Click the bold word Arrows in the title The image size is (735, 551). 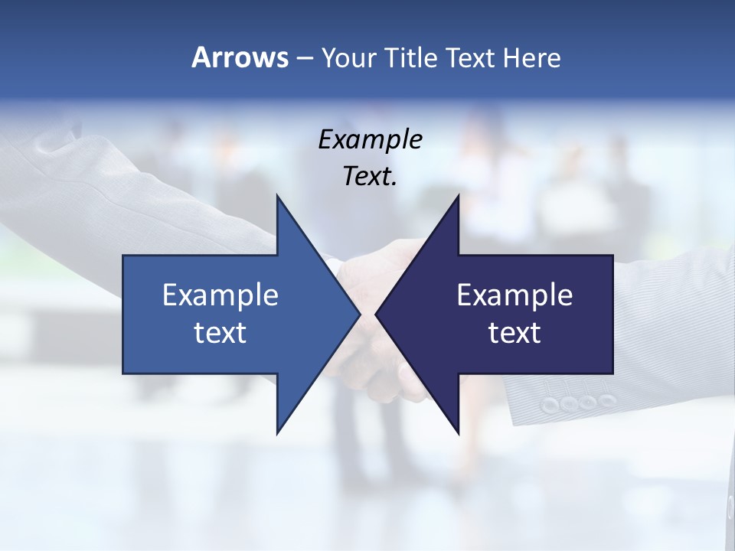[x=240, y=57]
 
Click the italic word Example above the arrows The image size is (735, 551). [x=370, y=139]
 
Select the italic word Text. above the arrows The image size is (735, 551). [x=370, y=177]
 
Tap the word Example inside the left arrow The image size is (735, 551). [x=220, y=295]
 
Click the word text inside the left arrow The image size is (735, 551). [x=220, y=333]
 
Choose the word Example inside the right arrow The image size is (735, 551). [x=514, y=295]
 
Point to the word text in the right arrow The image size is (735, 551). [x=514, y=333]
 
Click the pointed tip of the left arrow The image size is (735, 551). [x=359, y=315]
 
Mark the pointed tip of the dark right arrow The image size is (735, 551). [x=377, y=315]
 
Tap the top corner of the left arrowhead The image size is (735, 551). [x=277, y=196]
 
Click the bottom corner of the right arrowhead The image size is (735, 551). [x=458, y=433]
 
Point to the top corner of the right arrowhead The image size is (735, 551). [x=458, y=196]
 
